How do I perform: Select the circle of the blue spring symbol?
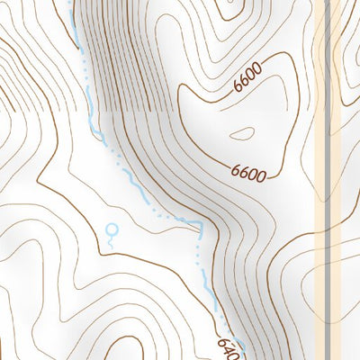pos(111,229)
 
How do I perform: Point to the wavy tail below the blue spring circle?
pos(111,241)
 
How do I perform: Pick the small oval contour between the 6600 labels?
pos(243,135)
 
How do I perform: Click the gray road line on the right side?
pos(328,180)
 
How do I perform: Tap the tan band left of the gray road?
pos(320,180)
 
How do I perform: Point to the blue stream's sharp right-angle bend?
pos(199,223)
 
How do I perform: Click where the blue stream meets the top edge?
pos(72,2)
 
